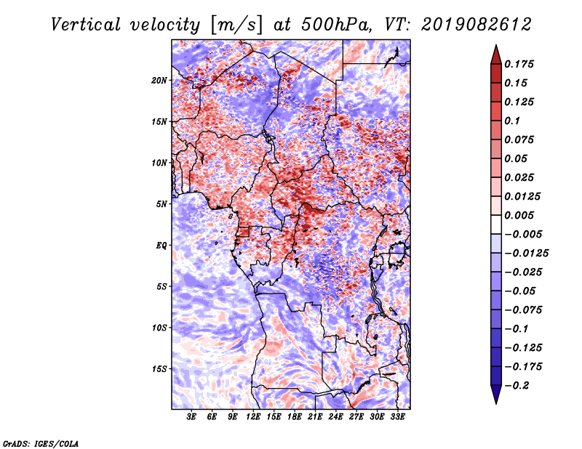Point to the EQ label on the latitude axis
162,245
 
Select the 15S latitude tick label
160,368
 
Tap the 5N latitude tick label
162,204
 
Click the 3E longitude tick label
192,417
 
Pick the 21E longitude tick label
315,417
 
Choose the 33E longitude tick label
397,417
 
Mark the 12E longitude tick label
254,417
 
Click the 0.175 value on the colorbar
522,64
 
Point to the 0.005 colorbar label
522,215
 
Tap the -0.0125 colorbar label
529,253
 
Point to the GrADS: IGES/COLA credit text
40,442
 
